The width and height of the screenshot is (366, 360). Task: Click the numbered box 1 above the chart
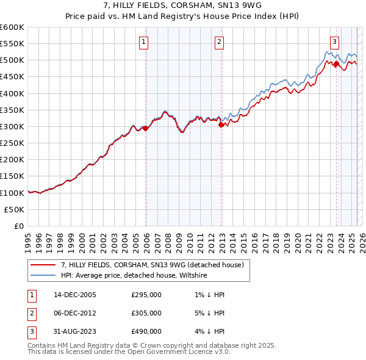143,42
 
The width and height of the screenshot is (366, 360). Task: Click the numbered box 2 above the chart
218,42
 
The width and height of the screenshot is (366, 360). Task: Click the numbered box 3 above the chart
335,42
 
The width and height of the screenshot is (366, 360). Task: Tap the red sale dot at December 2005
145,128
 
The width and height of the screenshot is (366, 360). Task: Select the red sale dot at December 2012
221,125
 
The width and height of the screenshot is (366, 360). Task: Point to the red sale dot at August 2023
336,63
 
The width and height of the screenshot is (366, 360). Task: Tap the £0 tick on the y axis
20,226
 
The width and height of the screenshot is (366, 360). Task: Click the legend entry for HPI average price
134,275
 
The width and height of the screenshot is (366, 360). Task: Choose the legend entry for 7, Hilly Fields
152,265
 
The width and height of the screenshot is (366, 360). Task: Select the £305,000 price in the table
146,313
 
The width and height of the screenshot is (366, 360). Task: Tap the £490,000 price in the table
146,331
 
